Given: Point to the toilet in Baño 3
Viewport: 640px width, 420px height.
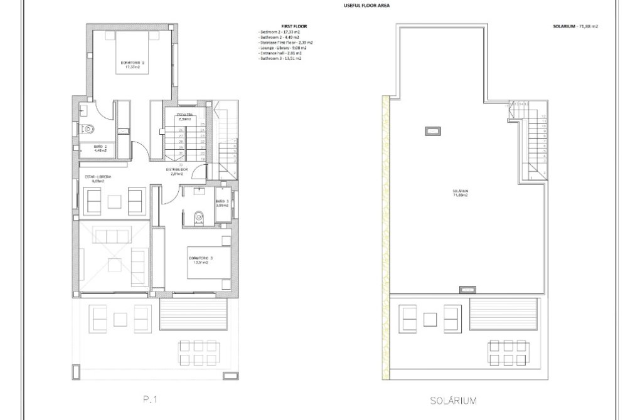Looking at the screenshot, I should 200,216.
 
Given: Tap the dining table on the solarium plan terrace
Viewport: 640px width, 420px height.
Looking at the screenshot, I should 507,353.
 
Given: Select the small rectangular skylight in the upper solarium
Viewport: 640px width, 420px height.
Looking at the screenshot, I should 431,132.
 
